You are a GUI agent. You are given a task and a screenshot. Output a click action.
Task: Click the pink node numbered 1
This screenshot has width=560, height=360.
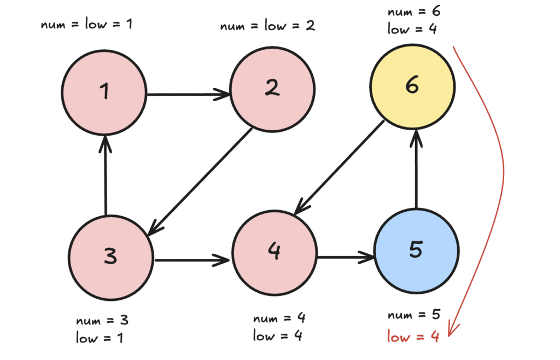tap(104, 92)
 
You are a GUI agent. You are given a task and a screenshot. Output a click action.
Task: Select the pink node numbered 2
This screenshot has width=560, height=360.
tap(272, 89)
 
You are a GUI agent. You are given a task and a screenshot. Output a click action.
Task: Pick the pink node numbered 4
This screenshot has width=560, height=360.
tap(275, 251)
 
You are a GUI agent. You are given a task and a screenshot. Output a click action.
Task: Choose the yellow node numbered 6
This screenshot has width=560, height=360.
tap(412, 86)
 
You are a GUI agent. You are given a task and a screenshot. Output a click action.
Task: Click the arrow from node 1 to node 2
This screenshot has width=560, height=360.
tap(188, 94)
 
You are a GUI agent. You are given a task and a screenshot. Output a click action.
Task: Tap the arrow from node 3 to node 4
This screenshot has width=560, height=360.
tap(191, 259)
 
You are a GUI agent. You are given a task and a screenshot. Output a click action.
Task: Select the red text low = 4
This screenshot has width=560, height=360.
tap(413, 337)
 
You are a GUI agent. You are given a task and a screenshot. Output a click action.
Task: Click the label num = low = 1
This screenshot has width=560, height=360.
tap(86, 25)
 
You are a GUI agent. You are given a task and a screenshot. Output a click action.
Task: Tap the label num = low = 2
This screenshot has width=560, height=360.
tap(268, 26)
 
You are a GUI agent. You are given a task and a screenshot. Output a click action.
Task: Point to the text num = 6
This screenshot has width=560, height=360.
tap(413, 12)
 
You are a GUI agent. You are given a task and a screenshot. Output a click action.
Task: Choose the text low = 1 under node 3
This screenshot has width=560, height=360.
tap(100, 338)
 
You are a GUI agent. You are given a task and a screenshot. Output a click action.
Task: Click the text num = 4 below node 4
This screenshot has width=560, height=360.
tap(279, 318)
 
